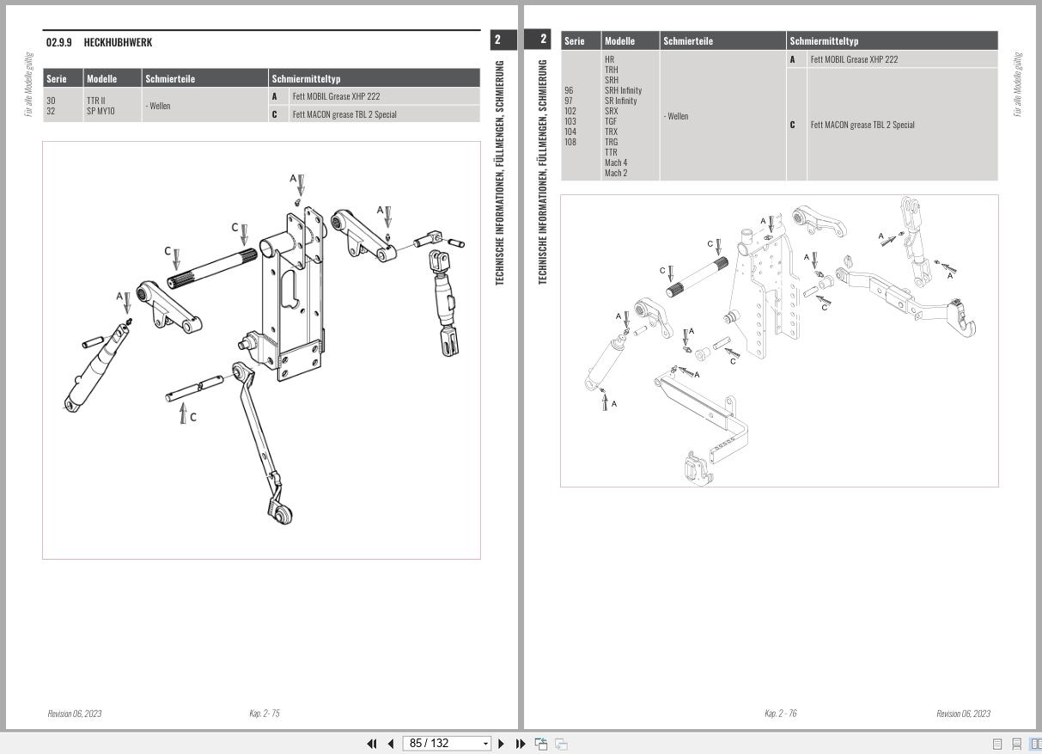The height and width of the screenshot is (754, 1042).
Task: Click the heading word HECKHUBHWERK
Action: click(x=118, y=42)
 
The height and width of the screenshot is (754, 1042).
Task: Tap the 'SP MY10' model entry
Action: click(x=100, y=111)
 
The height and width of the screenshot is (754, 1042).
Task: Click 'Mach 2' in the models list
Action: click(x=615, y=173)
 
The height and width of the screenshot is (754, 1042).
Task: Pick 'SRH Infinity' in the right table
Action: click(x=623, y=90)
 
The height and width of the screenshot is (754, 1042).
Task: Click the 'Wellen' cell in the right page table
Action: click(x=676, y=116)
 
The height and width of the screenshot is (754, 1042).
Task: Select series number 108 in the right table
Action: click(x=570, y=142)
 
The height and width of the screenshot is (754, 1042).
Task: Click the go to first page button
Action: click(x=372, y=744)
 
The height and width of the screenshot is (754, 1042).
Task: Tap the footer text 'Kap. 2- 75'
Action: click(x=264, y=714)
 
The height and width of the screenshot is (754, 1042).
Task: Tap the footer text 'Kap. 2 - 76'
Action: click(x=780, y=714)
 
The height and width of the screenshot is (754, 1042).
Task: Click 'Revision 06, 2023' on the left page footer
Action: click(x=75, y=714)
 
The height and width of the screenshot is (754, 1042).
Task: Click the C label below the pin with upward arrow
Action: click(x=193, y=417)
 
